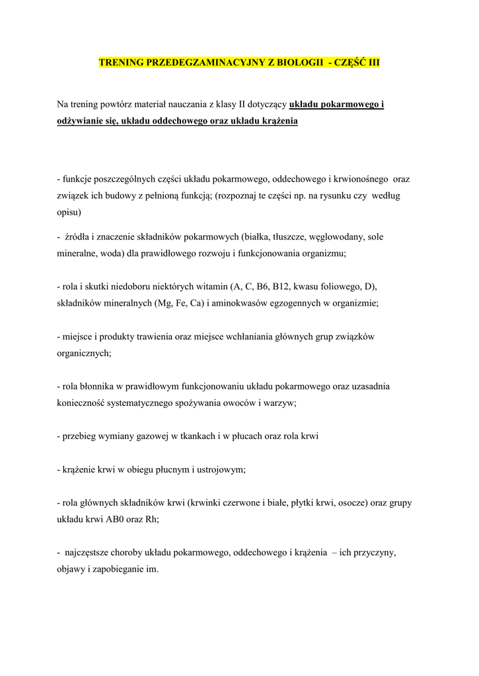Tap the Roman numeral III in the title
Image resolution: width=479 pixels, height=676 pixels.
(373, 63)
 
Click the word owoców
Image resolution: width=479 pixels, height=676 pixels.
(234, 403)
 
